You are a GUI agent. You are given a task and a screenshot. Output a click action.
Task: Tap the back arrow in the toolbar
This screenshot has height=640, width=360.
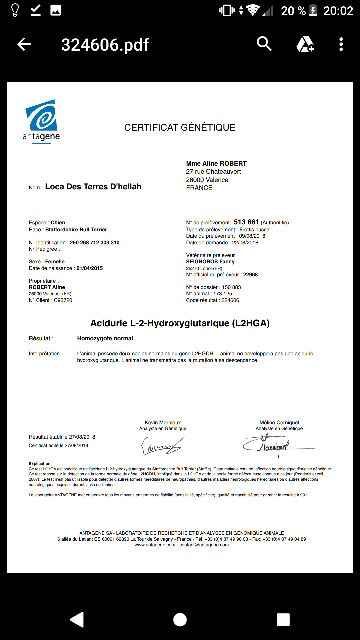point(24,44)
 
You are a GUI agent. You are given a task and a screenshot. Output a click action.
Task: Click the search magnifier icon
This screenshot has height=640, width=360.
point(264,44)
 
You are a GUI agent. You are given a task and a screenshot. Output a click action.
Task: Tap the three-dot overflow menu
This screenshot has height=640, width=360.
point(341,44)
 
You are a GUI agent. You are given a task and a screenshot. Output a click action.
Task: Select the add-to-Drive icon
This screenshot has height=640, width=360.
point(305,44)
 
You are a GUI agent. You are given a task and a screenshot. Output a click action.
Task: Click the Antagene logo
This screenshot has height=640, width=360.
point(41,121)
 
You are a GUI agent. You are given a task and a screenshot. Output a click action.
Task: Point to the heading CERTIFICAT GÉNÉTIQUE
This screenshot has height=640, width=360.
point(180,127)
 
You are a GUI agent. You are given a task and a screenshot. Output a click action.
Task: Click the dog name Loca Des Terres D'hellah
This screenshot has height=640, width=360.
point(93,187)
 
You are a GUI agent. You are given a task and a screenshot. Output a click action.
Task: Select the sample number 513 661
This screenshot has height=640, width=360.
point(246,222)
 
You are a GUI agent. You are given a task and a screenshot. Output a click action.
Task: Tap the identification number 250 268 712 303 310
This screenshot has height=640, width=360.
point(95,243)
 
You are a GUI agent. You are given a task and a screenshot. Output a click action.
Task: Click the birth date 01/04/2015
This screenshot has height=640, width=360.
point(90,268)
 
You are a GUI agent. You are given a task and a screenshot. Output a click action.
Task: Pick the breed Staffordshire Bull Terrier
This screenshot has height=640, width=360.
point(76,230)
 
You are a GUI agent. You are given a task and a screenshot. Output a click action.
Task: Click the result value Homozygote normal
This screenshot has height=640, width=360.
point(105,338)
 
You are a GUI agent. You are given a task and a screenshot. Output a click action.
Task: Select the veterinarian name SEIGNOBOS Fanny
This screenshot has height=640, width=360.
point(210,262)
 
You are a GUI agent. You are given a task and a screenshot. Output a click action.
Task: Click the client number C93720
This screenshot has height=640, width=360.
point(63,300)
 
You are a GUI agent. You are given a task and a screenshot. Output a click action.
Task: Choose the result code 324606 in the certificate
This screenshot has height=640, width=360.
point(230,300)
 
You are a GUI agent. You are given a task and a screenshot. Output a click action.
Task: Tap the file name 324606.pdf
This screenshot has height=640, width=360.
point(105,45)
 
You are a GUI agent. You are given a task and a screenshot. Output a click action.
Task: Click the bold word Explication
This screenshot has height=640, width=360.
point(40,464)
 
